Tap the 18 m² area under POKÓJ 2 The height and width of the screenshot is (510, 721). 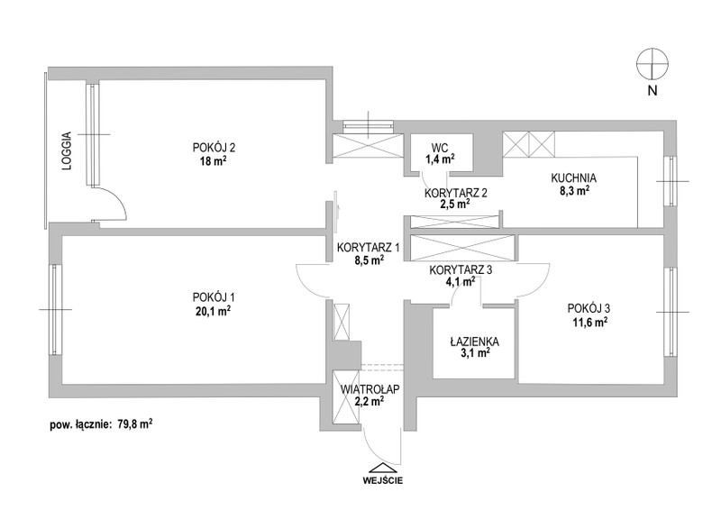click(x=214, y=161)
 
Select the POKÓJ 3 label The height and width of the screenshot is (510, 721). click(x=589, y=307)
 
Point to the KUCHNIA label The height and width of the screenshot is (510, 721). click(x=574, y=178)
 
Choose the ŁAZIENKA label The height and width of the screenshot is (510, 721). click(x=475, y=342)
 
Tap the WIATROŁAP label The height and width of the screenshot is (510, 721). click(x=370, y=389)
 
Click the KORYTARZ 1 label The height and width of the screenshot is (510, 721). click(x=369, y=248)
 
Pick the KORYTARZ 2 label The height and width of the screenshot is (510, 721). click(x=456, y=193)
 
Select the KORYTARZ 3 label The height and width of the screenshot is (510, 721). click(x=461, y=270)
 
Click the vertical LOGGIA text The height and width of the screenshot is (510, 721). click(x=68, y=151)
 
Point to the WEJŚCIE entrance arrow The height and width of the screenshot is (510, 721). click(x=382, y=469)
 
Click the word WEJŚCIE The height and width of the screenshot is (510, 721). click(x=382, y=481)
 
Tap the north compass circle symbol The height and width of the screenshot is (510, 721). click(x=653, y=63)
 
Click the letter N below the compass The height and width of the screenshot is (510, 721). click(x=653, y=91)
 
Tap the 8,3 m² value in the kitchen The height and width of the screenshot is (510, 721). click(x=574, y=191)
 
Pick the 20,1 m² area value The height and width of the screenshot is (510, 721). click(x=212, y=311)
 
